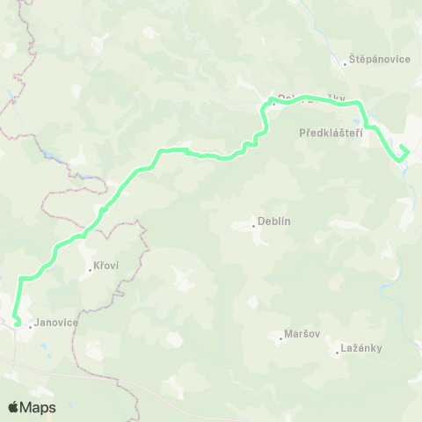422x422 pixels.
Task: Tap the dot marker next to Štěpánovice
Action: coord(346,63)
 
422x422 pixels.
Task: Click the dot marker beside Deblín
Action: coord(254,226)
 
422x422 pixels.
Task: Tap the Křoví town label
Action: coord(105,266)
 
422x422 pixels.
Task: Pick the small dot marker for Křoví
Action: coord(90,270)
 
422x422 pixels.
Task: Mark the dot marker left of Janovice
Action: coord(31,327)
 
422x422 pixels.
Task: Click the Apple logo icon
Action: coord(13,407)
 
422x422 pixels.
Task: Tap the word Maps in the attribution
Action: coord(39,408)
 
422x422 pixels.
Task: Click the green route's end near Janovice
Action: coord(18,324)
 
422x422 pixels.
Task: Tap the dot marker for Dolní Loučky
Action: coord(274,102)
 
